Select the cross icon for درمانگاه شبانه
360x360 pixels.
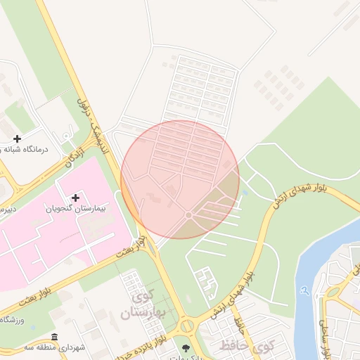pyautogui.click(x=18, y=139)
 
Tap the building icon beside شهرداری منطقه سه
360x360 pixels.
pyautogui.click(x=55, y=337)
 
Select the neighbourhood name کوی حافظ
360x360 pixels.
pyautogui.click(x=246, y=346)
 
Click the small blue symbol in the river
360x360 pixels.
pyautogui.click(x=304, y=289)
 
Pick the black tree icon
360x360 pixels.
pyautogui.click(x=186, y=347)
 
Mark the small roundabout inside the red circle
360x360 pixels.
pyautogui.click(x=188, y=214)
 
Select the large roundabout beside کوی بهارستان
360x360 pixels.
pyautogui.click(x=186, y=326)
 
